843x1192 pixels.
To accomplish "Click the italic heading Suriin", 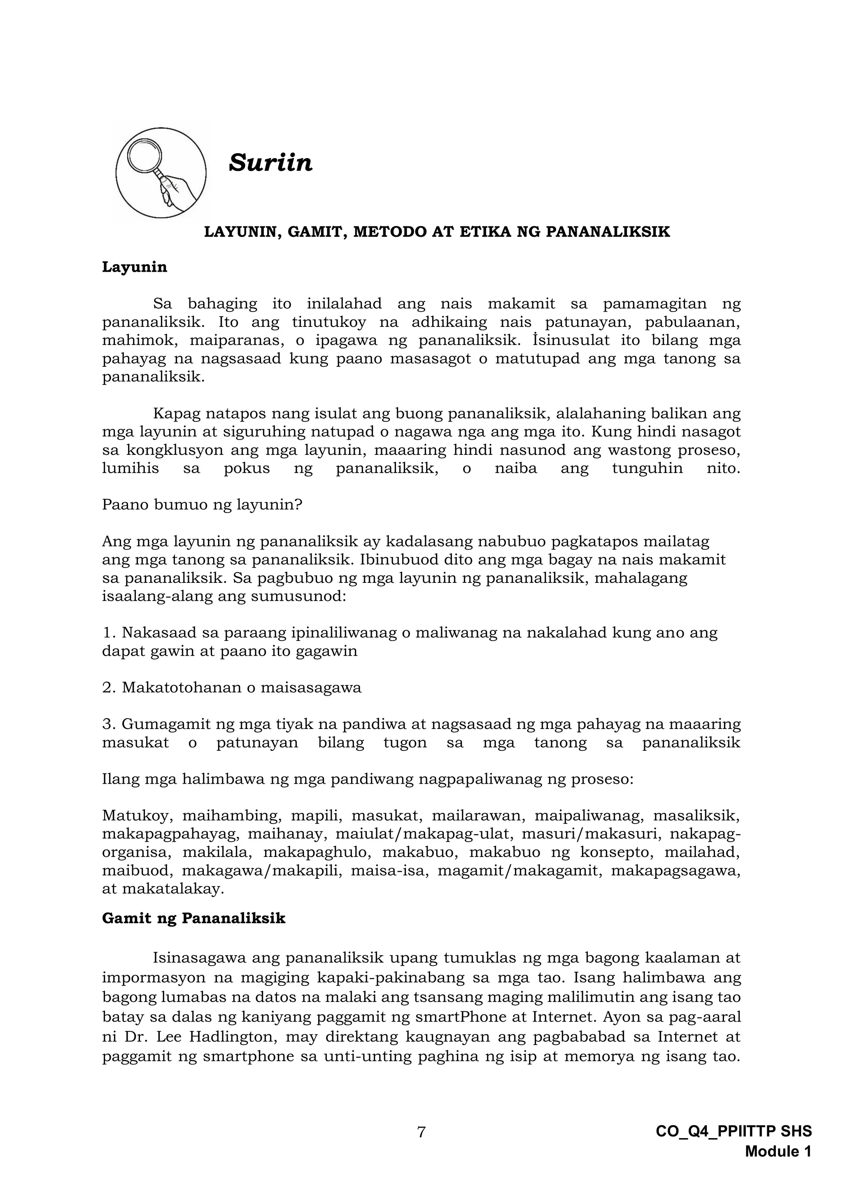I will pos(270,163).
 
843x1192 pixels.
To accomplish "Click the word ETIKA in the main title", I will pos(477,232).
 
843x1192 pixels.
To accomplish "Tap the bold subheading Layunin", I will pos(135,268).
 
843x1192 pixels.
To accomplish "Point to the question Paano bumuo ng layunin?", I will pos(202,505).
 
